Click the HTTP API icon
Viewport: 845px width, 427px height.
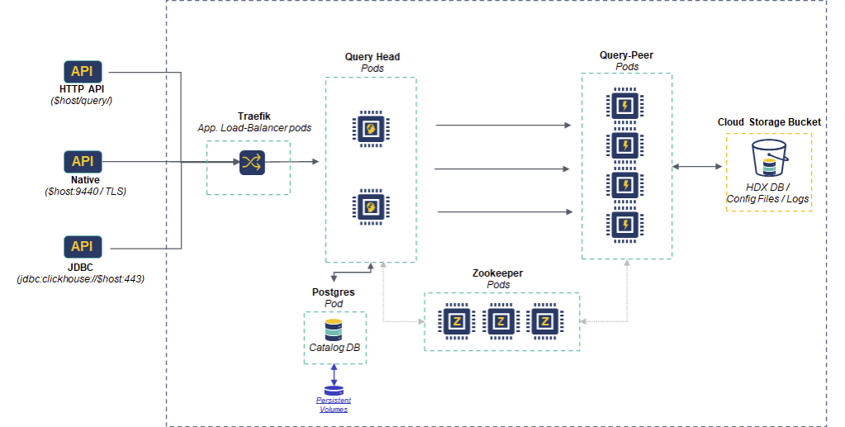[x=83, y=71]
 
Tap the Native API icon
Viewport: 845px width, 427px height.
[x=83, y=162]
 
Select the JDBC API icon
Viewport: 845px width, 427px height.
[x=83, y=246]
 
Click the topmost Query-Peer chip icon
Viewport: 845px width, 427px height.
[x=625, y=105]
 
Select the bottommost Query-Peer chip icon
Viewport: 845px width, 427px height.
[x=625, y=224]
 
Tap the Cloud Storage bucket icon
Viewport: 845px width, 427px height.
[x=770, y=159]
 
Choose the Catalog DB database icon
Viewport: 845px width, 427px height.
[x=334, y=330]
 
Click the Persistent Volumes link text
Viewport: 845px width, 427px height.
[x=334, y=405]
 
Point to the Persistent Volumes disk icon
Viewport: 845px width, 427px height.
[x=334, y=390]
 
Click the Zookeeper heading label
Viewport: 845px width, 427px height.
[x=498, y=273]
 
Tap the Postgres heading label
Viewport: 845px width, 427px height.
[x=334, y=292]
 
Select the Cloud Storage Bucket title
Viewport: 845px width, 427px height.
[x=769, y=122]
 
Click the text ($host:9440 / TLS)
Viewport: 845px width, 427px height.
[x=85, y=191]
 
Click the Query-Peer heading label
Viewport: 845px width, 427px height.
[x=626, y=55]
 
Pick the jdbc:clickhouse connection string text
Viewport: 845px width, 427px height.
[x=81, y=279]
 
